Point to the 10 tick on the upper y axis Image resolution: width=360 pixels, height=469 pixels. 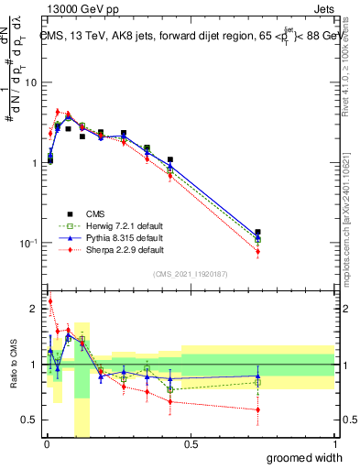click(x=31, y=82)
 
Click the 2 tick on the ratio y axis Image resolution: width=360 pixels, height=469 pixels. click(x=33, y=309)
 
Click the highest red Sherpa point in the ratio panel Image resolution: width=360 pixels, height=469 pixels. click(x=49, y=300)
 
